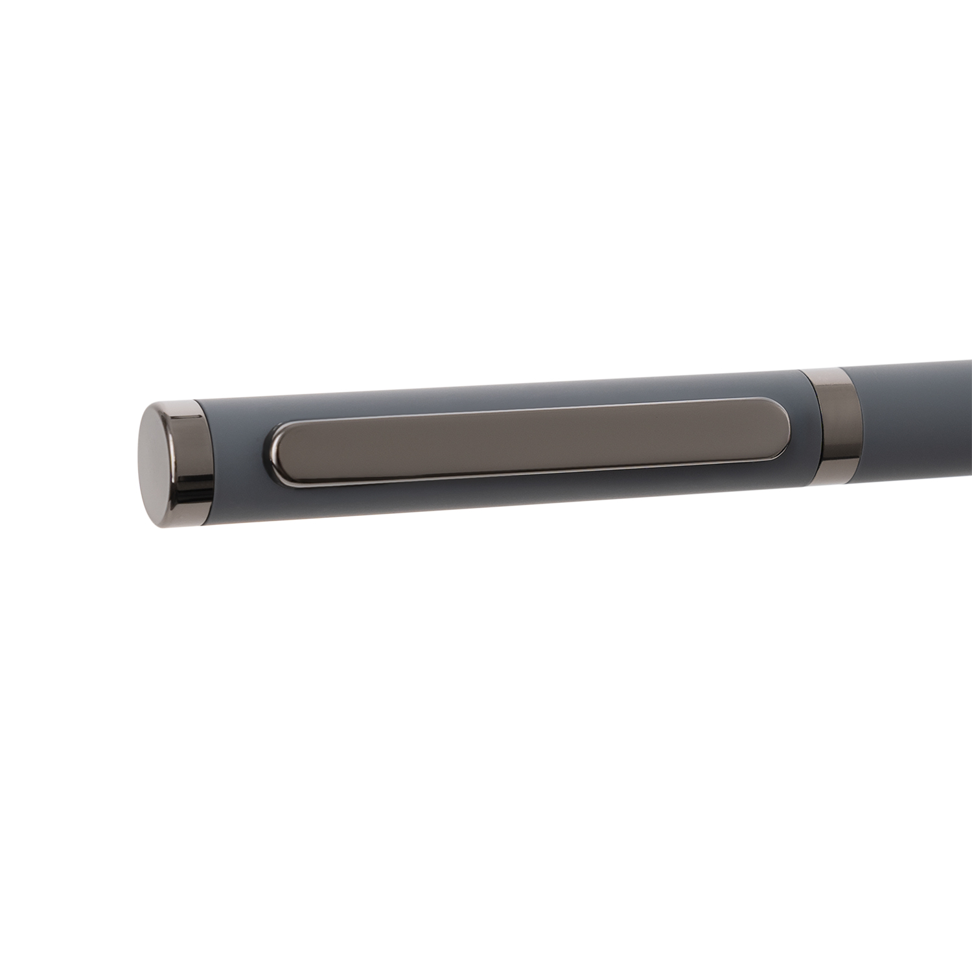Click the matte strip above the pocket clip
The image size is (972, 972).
pos(518,395)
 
